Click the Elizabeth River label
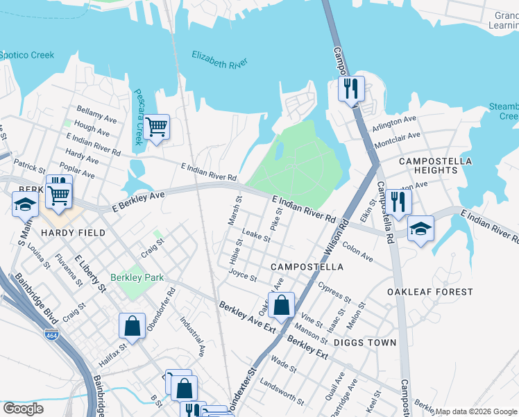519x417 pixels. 219,60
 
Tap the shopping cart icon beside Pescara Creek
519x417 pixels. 157,127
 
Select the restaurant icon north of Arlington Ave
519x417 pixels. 351,89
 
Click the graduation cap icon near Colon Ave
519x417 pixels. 420,229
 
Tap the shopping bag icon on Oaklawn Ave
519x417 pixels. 281,304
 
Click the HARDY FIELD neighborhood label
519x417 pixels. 72,233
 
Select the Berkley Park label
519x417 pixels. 137,277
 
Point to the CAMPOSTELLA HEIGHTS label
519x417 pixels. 435,165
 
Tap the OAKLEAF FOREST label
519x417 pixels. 430,292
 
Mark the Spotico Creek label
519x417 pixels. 26,55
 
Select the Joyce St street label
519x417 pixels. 243,276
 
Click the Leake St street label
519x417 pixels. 257,237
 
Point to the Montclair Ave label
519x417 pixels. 397,140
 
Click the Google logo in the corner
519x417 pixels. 24,408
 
